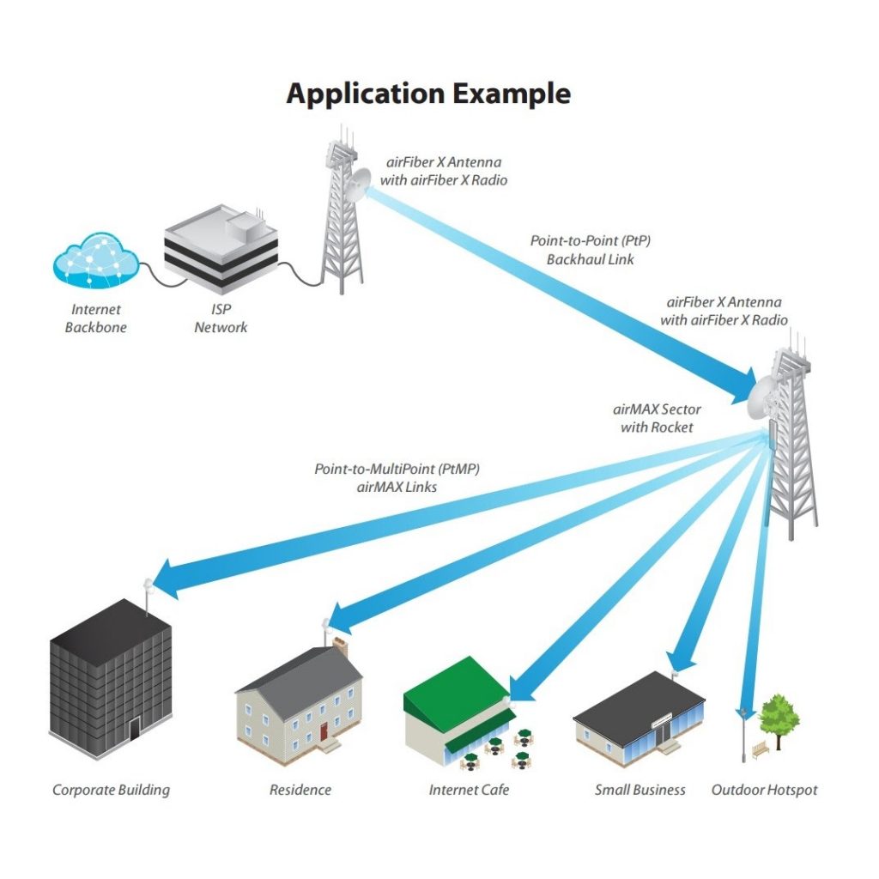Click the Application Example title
pos(428,93)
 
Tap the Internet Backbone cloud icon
pos(94,260)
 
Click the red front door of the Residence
pos(324,731)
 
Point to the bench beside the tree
pos(760,751)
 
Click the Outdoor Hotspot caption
pos(764,790)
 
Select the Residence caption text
pos(300,790)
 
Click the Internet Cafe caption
pos(469,790)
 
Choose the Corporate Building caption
pos(111,790)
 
